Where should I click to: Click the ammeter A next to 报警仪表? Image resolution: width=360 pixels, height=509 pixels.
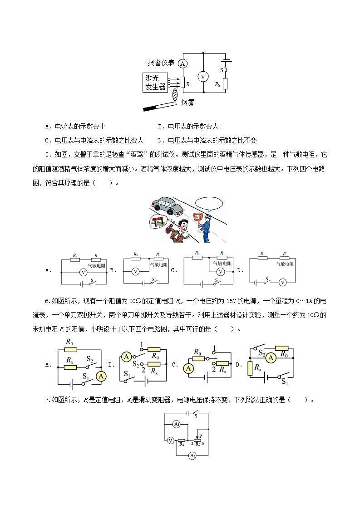coord(182,64)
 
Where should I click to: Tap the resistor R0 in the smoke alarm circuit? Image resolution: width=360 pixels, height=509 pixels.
coord(225,83)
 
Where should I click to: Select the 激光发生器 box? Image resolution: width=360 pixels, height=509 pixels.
coord(155,83)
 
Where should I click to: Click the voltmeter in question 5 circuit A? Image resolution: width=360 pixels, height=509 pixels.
coord(83,272)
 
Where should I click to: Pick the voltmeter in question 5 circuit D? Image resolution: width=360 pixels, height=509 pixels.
coord(282,282)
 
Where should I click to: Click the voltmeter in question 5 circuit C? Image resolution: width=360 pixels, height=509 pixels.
coord(220,272)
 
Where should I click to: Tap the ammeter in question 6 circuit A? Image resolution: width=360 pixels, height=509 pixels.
coord(102,376)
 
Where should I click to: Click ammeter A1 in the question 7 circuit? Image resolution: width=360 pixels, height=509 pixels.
coord(177,424)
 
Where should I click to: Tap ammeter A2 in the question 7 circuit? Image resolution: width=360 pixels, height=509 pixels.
coord(192,455)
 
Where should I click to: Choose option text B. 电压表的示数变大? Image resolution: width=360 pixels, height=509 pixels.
coord(188,127)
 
